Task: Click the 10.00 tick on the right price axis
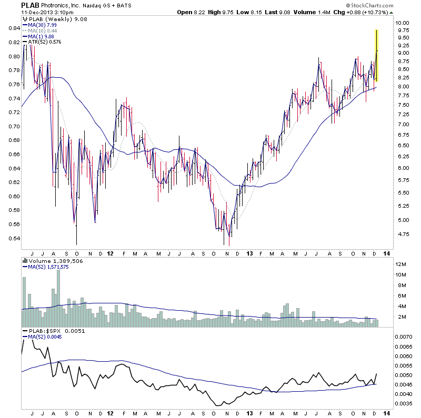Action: pyautogui.click(x=403, y=23)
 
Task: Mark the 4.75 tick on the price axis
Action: pyautogui.click(x=403, y=235)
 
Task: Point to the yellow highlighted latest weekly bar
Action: pyautogui.click(x=377, y=55)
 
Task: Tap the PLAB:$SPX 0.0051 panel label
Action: pyautogui.click(x=52, y=331)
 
